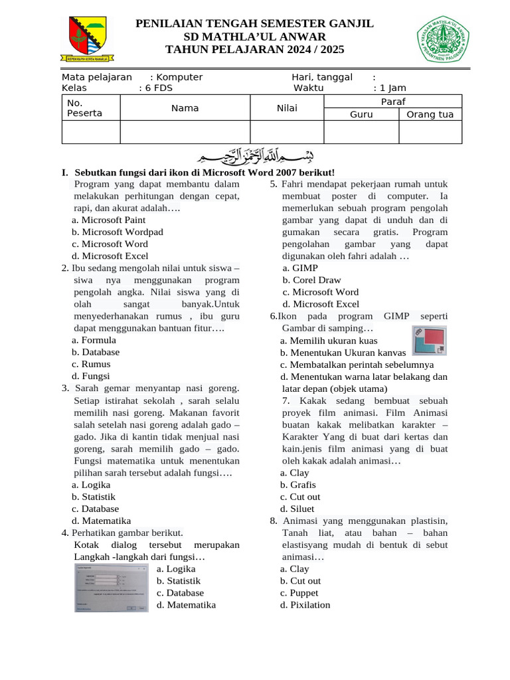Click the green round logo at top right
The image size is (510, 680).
(x=443, y=40)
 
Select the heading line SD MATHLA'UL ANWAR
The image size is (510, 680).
(x=255, y=37)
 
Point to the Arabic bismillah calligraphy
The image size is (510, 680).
(x=255, y=157)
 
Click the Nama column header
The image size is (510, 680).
(x=185, y=108)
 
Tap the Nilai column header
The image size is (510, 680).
(x=287, y=108)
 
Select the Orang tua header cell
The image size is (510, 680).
(x=430, y=114)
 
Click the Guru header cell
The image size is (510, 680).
(x=361, y=114)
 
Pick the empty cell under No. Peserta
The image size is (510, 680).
(x=91, y=132)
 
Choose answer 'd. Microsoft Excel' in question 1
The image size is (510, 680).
(x=110, y=256)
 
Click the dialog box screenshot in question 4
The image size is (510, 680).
(x=111, y=588)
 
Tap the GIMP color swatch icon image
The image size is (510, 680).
(x=430, y=341)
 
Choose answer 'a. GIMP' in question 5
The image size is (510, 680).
(x=300, y=268)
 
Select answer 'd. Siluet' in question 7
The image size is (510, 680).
(x=297, y=509)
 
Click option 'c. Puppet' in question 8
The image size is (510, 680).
(x=299, y=592)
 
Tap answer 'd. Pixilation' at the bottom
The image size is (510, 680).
(x=305, y=604)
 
